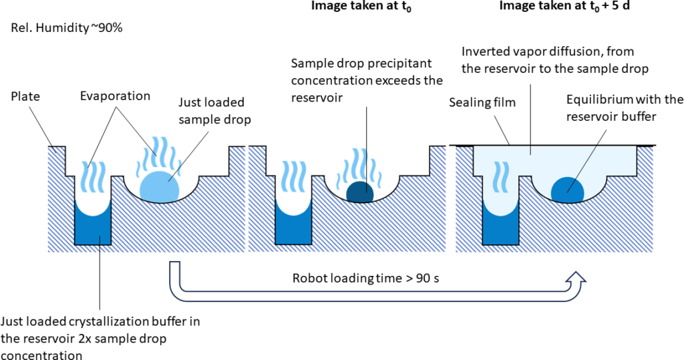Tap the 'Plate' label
click(x=25, y=97)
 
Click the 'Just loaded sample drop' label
click(x=211, y=110)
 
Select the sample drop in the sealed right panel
click(x=568, y=190)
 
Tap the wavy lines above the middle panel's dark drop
click(x=363, y=166)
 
